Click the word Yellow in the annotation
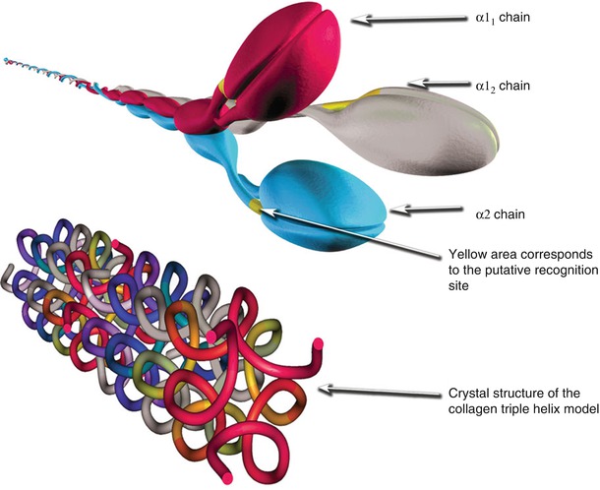pos(467,253)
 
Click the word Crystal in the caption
pos(468,395)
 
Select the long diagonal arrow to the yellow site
pos(354,231)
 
